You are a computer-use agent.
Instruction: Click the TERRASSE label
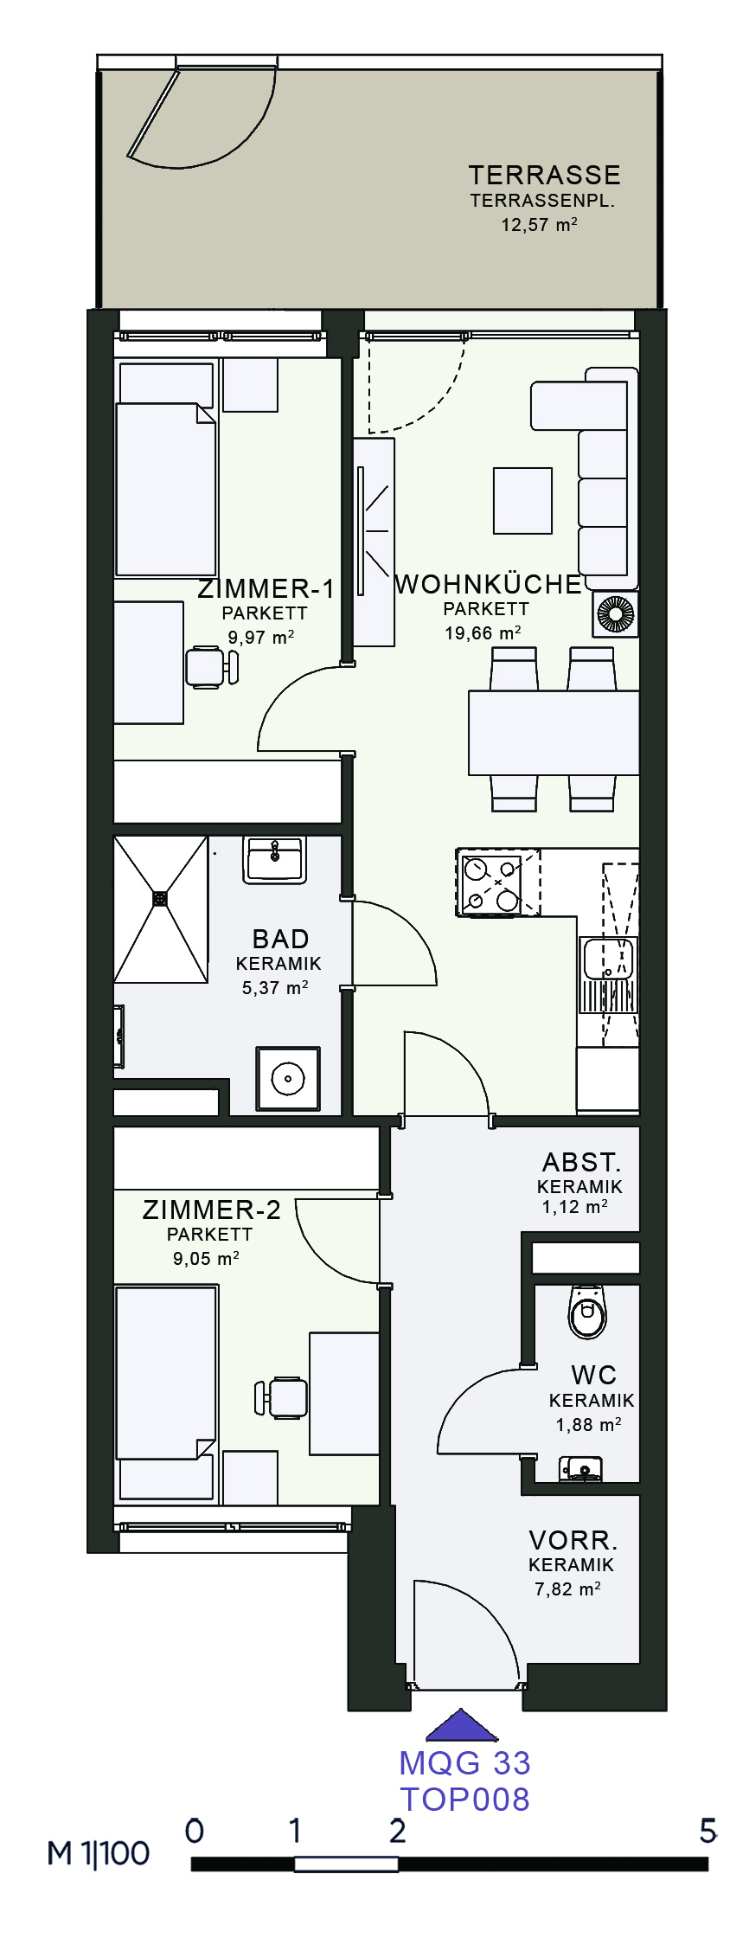pos(544,175)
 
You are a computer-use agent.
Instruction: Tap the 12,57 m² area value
pos(539,225)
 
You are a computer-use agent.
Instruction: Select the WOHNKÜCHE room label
pos(489,584)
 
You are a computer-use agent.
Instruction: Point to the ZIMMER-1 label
pos(266,589)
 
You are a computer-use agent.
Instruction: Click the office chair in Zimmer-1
pos(212,666)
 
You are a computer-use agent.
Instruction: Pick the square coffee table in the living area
pos(522,500)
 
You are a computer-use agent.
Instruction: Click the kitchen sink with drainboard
pos(608,974)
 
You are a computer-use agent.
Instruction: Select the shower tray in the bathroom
pos(161,908)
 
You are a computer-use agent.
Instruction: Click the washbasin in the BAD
pos(274,859)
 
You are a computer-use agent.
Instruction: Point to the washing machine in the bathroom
pos(287,1079)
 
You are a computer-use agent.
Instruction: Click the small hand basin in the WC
pos(580,1468)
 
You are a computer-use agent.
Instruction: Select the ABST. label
pos(581,1162)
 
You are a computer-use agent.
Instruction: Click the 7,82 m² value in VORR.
pos(567,1588)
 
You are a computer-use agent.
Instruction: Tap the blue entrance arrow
pos(462,1726)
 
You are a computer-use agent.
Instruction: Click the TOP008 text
pos(465,1799)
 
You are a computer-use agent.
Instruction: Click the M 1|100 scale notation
pos(99,1852)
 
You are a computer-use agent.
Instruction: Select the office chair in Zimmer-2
pos(281,1396)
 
